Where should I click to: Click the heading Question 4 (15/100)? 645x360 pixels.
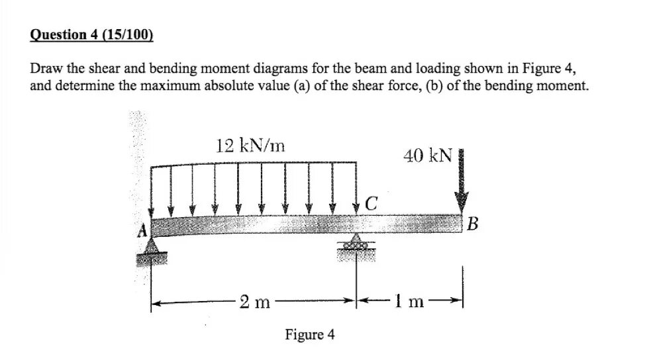click(91, 35)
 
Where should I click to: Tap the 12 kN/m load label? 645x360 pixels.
click(250, 146)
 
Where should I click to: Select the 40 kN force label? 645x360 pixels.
click(427, 156)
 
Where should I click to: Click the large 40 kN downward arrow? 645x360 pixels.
click(462, 182)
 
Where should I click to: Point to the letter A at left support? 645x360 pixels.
click(140, 232)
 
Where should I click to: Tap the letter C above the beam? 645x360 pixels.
click(372, 204)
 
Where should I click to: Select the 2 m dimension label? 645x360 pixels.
click(254, 303)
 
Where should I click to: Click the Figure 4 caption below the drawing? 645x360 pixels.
click(309, 334)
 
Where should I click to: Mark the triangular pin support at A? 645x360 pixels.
click(152, 247)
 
